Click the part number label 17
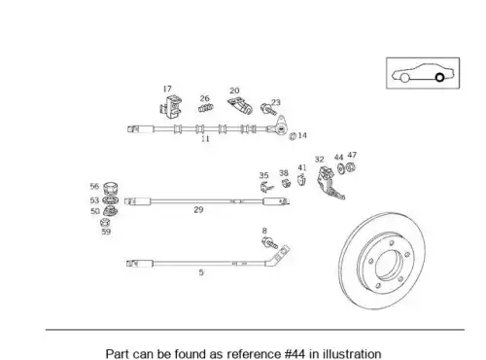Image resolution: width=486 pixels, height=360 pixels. click(167, 89)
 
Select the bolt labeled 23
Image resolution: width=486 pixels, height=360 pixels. click(268, 109)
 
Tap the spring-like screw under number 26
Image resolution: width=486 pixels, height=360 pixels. click(206, 108)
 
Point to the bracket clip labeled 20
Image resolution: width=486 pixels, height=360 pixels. click(240, 106)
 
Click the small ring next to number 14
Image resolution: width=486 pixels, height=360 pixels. click(293, 136)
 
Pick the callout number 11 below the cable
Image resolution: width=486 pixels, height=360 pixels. click(205, 139)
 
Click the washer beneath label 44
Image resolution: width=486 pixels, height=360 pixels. click(340, 168)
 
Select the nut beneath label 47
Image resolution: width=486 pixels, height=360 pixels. click(350, 167)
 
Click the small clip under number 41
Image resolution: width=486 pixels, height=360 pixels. click(301, 180)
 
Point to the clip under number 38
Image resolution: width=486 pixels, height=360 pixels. click(286, 183)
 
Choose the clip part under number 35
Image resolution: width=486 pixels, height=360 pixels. click(266, 187)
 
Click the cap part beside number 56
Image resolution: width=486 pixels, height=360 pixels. click(110, 188)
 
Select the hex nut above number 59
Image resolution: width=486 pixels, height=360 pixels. click(105, 223)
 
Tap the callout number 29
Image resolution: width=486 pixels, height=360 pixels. click(198, 210)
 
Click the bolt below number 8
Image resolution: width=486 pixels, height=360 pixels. click(269, 242)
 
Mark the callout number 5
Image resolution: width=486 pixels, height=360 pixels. click(201, 272)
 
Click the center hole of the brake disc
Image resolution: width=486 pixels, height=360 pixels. click(388, 265)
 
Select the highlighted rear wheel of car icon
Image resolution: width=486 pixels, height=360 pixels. click(439, 78)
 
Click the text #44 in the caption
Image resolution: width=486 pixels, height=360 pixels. click(295, 354)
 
